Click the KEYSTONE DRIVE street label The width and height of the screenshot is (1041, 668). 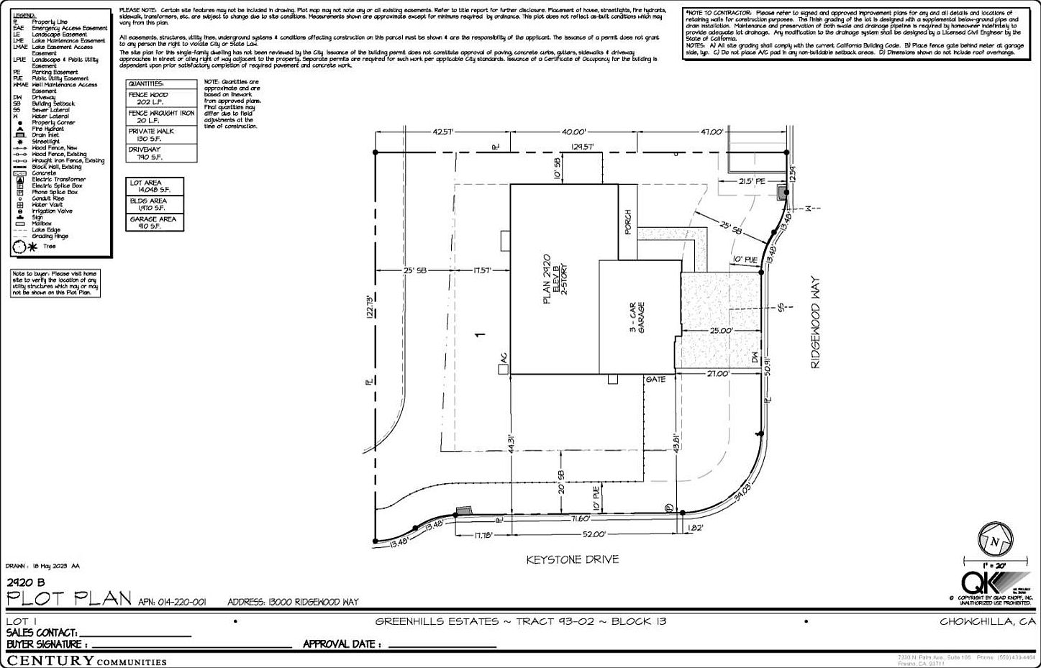tap(572, 559)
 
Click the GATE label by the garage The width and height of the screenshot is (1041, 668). tap(655, 379)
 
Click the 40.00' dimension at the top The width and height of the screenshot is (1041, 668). tap(574, 132)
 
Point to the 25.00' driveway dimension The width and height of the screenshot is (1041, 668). tap(720, 331)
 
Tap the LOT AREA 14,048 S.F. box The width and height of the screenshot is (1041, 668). tap(155, 186)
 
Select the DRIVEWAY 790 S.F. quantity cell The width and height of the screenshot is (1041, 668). tap(161, 153)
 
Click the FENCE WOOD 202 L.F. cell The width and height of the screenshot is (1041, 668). tap(161, 99)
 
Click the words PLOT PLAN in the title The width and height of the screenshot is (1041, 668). tap(69, 599)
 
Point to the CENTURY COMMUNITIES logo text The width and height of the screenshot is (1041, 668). tap(86, 661)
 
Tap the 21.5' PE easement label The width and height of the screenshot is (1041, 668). tap(753, 182)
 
